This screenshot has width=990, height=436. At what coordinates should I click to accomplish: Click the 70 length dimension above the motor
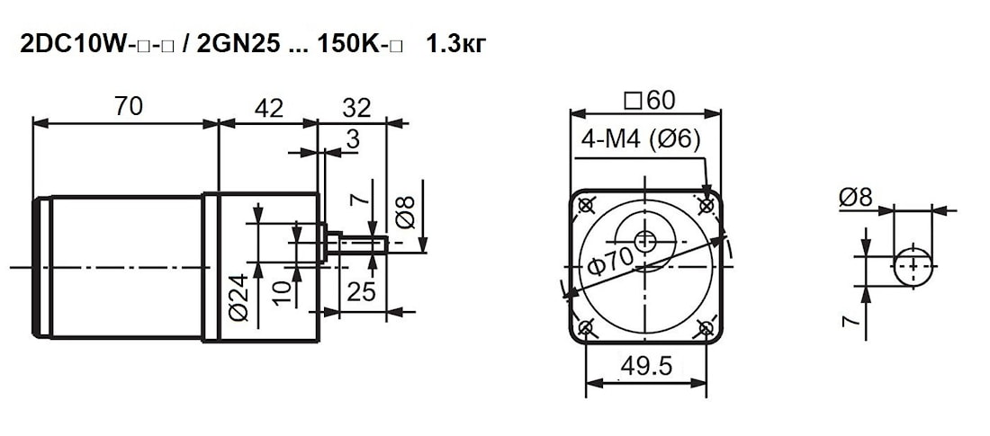point(128,107)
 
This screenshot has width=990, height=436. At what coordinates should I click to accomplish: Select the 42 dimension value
point(268,108)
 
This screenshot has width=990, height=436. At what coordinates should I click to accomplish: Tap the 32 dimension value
point(356,108)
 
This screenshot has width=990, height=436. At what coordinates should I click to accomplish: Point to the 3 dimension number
point(353,139)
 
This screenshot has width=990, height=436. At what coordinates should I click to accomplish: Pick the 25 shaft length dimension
point(362,291)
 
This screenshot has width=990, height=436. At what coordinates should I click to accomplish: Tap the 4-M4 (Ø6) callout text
point(640,140)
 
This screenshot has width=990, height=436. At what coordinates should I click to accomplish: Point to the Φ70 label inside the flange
point(610,260)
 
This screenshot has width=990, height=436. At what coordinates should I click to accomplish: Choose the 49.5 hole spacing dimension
point(645,365)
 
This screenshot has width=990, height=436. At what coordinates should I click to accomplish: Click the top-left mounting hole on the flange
point(585,205)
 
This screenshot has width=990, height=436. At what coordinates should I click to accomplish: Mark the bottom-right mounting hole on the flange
point(706,328)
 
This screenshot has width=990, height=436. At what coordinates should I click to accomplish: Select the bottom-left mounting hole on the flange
point(585,328)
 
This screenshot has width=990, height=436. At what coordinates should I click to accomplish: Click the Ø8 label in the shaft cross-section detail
point(856,198)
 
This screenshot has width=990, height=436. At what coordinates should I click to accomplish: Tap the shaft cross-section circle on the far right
point(913,266)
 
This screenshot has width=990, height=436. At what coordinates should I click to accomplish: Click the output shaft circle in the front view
point(645,240)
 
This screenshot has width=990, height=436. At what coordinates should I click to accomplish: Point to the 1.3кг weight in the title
point(456,45)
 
